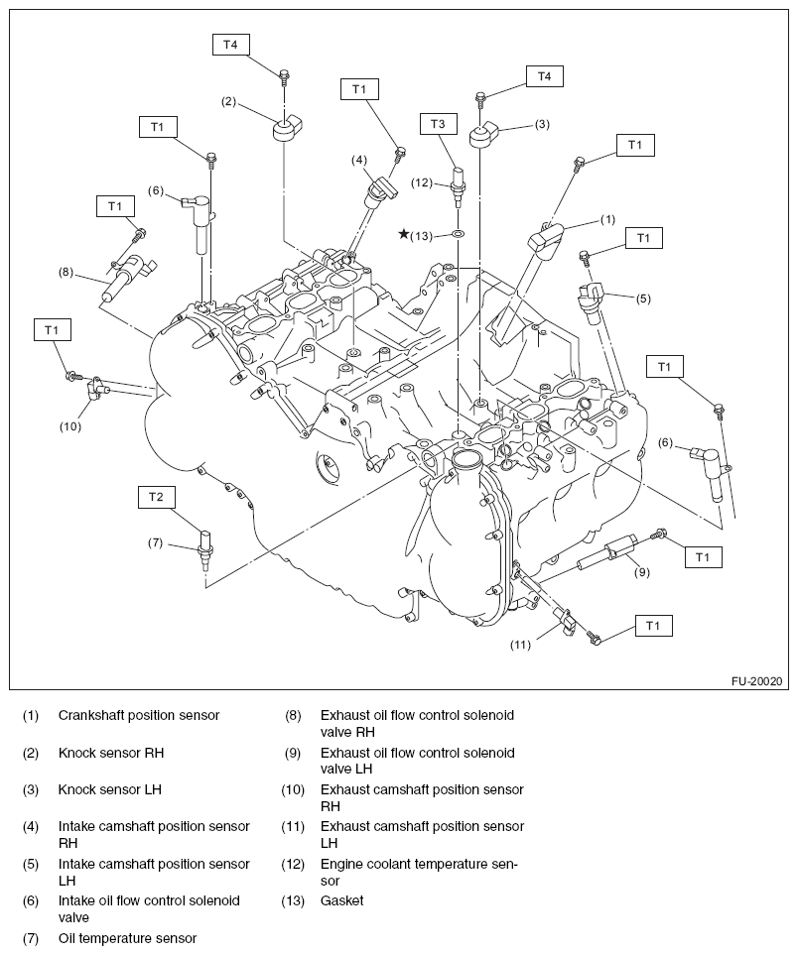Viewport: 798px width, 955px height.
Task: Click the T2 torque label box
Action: pyautogui.click(x=156, y=497)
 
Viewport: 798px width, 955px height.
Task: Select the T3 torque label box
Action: pyautogui.click(x=438, y=123)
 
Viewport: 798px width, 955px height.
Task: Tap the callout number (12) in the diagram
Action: pyautogui.click(x=424, y=181)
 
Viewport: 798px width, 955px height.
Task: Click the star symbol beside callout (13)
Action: pyautogui.click(x=404, y=234)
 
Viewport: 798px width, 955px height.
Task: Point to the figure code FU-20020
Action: pyautogui.click(x=757, y=682)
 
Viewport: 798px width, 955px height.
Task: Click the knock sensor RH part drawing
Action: pyautogui.click(x=288, y=128)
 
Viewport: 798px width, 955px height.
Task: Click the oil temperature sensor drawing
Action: pyautogui.click(x=204, y=547)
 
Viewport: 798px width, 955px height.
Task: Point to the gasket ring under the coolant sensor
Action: pyautogui.click(x=458, y=234)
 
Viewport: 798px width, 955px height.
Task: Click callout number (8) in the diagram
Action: pyautogui.click(x=66, y=270)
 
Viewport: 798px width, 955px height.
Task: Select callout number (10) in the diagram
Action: pyautogui.click(x=69, y=426)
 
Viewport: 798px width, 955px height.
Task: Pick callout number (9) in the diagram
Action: pyautogui.click(x=642, y=571)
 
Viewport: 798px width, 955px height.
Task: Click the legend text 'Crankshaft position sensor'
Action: pyautogui.click(x=139, y=715)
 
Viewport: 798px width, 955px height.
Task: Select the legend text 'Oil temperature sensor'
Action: pyautogui.click(x=127, y=938)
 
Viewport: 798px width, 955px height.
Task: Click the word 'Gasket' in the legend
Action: pyautogui.click(x=341, y=900)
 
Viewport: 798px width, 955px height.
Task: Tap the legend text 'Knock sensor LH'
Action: pyautogui.click(x=109, y=789)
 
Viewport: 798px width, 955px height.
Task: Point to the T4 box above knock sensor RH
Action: pyautogui.click(x=230, y=45)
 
